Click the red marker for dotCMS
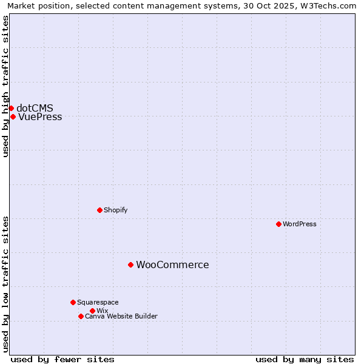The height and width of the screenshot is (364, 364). [x=11, y=108]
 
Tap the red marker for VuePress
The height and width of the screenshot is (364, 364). [x=13, y=116]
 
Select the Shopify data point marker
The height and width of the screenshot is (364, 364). [x=99, y=210]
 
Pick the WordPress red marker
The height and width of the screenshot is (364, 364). [x=278, y=224]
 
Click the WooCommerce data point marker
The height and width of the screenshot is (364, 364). [x=130, y=265]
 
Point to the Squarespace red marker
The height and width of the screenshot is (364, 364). [x=73, y=302]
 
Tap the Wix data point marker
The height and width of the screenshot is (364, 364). [x=92, y=311]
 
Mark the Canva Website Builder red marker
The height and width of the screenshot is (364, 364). [x=81, y=316]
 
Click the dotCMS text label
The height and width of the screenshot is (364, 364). [x=35, y=108]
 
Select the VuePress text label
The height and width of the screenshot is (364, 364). [x=40, y=116]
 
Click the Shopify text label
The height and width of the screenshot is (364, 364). [x=115, y=210]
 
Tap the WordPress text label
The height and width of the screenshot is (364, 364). [x=299, y=224]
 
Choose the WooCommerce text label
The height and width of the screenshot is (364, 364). [x=172, y=265]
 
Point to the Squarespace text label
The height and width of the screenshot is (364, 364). [x=98, y=302]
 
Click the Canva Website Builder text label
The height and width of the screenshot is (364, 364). [x=121, y=316]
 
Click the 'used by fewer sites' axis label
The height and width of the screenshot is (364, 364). [x=62, y=359]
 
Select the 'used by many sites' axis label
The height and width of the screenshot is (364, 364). [x=305, y=359]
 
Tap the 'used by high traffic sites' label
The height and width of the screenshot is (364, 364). [x=6, y=86]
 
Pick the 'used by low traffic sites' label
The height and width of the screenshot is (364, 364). [x=6, y=284]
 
